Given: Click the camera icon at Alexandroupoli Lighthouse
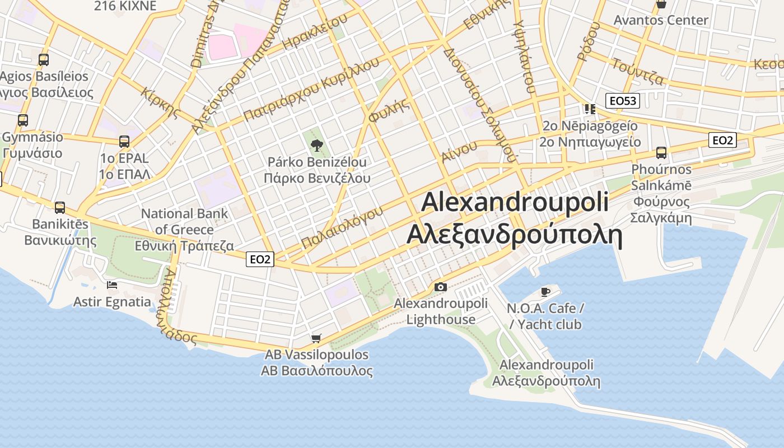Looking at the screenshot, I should point(441,287).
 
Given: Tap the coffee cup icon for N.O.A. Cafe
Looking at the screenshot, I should point(545,292).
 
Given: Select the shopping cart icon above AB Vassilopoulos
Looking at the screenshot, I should point(316,338).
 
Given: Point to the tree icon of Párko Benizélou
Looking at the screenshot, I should point(317,146).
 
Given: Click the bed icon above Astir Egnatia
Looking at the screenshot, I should point(112,285).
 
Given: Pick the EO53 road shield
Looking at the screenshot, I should point(623,101).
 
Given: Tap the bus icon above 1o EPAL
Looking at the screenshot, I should point(124,142).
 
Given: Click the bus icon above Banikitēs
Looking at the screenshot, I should point(60,207).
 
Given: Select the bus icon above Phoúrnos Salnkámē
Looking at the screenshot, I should point(661,152).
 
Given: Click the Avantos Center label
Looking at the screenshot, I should point(661,20).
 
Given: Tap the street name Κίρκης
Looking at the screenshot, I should point(161,102).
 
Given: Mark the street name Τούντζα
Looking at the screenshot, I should point(637,71).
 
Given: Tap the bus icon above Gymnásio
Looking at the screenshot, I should point(23,120).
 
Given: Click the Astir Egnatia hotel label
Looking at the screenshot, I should point(112,302).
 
